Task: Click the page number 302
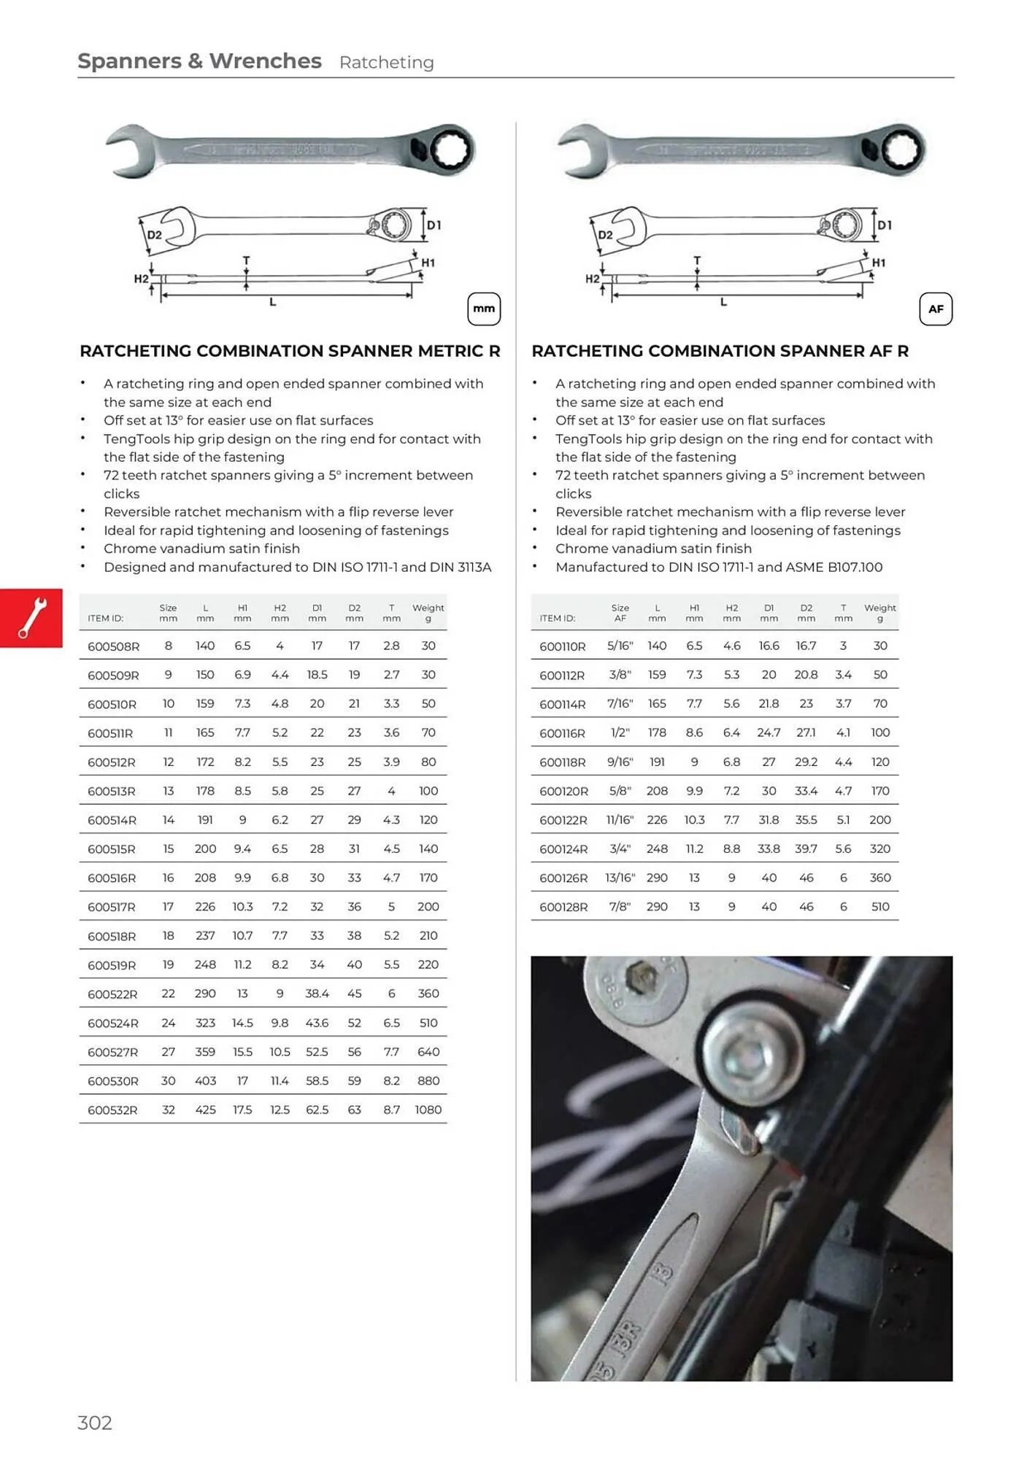coord(95,1423)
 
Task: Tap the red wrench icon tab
coord(31,618)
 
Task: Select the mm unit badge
coord(484,309)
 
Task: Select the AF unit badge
coord(936,309)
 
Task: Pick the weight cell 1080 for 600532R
coord(428,1110)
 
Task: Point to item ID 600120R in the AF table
coord(563,792)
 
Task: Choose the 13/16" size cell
coord(620,878)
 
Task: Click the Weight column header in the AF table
coord(880,612)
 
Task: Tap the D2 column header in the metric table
coord(354,612)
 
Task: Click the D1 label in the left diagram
coord(434,225)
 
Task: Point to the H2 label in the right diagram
coord(592,279)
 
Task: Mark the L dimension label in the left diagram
coord(272,302)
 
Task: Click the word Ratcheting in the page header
coord(387,63)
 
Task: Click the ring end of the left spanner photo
coord(450,150)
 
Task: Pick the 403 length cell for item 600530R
coord(205,1081)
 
